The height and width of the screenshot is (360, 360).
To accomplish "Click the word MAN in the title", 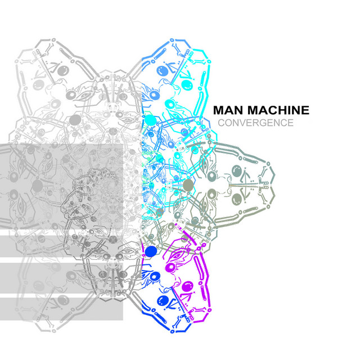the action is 229,110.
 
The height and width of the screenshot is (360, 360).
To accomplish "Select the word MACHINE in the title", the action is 278,110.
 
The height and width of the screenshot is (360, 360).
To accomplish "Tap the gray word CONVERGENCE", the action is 256,123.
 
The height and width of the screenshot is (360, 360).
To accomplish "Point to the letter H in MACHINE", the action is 283,110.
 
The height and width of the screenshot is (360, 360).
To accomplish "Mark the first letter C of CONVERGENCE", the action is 222,123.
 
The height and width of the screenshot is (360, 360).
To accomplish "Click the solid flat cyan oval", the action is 151,120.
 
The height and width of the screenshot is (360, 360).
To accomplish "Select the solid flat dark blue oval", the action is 151,251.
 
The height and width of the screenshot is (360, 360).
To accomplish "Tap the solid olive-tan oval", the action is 188,185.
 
